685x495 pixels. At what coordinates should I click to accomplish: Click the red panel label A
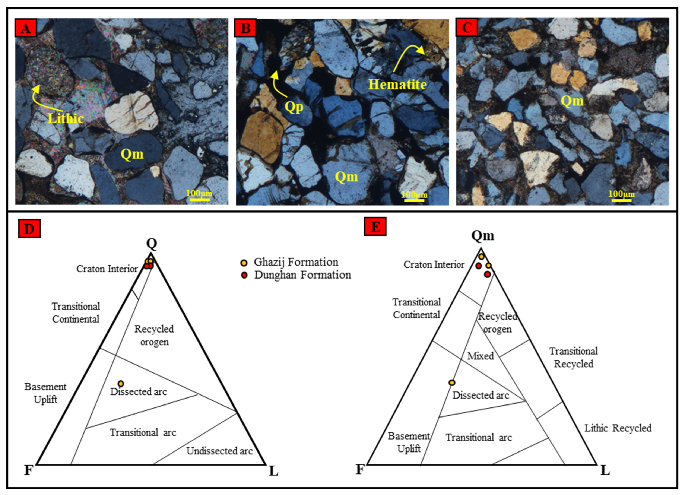(x=26, y=28)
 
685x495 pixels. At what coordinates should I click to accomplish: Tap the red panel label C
(x=467, y=28)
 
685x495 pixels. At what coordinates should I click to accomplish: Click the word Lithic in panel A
(x=66, y=118)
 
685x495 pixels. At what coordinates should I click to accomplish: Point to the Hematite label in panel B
(x=397, y=84)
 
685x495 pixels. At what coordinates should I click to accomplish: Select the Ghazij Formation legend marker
(x=244, y=263)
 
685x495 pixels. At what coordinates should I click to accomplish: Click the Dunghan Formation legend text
(x=302, y=275)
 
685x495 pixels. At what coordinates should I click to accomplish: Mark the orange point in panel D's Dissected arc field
(x=121, y=384)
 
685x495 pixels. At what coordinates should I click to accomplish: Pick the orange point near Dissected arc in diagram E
(x=452, y=383)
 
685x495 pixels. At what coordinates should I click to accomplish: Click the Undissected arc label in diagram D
(x=219, y=451)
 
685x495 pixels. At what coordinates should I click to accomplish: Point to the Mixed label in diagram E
(x=481, y=356)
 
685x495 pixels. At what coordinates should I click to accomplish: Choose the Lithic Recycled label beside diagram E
(x=618, y=428)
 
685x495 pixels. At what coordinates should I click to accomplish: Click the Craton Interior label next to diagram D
(x=107, y=269)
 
